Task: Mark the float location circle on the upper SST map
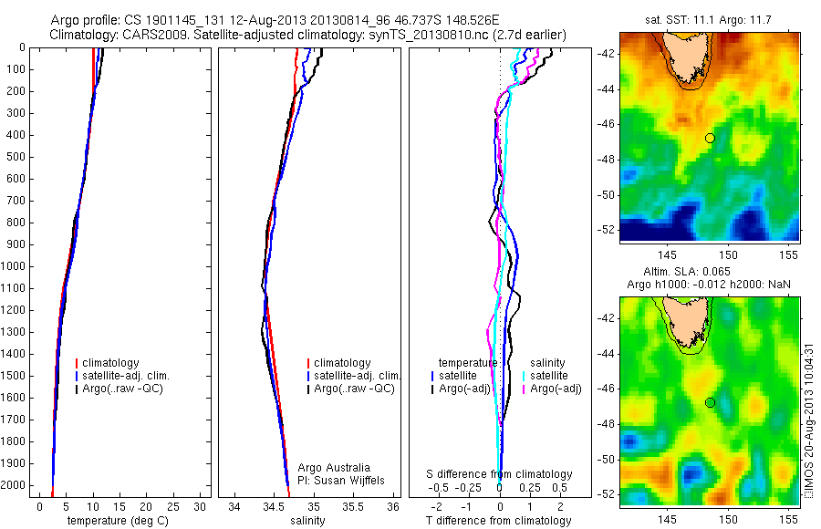coord(710,138)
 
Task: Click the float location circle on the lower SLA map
coord(710,402)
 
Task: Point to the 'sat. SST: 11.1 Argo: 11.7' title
coord(710,18)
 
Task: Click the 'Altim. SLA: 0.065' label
coord(710,273)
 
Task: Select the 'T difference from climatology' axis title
coord(499,521)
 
